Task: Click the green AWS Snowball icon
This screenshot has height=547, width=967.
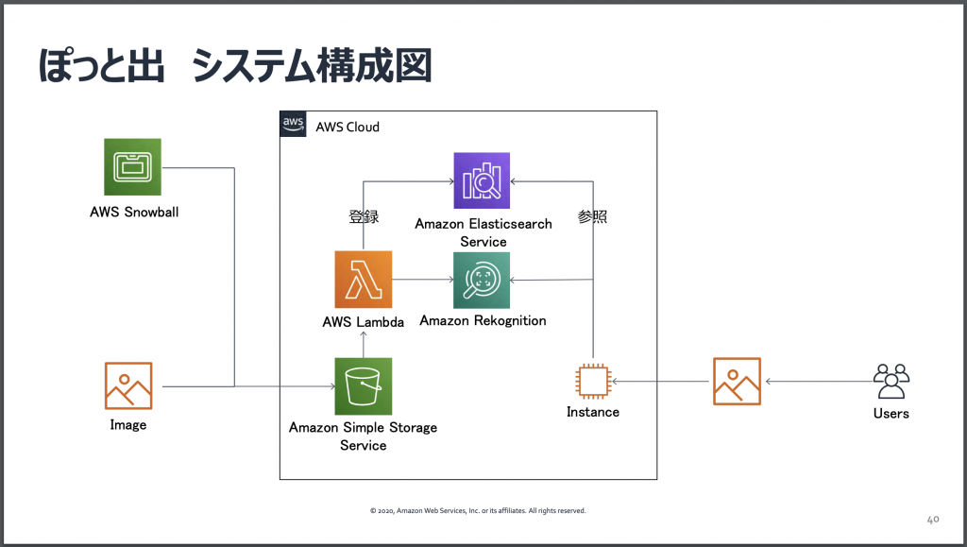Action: tap(132, 167)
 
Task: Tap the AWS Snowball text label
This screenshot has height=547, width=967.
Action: tap(134, 212)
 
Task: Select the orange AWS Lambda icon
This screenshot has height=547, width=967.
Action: tap(363, 280)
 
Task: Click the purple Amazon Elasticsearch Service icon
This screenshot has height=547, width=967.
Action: tap(482, 180)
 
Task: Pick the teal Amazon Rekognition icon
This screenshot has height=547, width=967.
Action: tap(482, 280)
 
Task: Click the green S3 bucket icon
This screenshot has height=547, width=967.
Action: tap(363, 386)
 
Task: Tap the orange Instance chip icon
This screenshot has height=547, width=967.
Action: tap(593, 382)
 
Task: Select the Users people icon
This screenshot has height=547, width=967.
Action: tap(891, 381)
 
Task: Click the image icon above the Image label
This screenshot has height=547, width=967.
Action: tap(128, 385)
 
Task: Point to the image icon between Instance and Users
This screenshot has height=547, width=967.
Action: tap(737, 382)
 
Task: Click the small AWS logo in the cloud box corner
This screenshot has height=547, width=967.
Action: tap(293, 125)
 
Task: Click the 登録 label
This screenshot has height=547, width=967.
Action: tap(364, 216)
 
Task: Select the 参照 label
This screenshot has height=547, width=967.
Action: tap(592, 216)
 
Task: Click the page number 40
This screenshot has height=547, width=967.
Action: tap(932, 519)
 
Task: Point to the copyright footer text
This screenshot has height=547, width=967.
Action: tap(478, 510)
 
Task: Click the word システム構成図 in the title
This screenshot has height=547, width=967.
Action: tap(312, 67)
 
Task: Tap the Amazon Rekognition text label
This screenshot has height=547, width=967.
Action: tap(483, 320)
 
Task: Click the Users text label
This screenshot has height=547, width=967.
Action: tap(891, 413)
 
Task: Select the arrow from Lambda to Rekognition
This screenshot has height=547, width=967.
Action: tap(422, 280)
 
